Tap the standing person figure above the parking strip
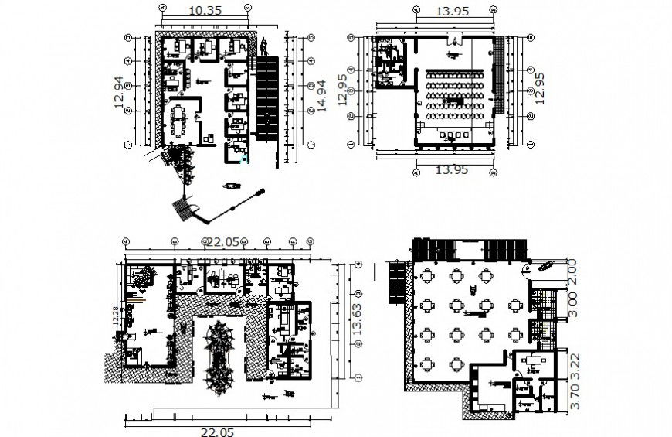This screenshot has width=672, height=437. tap(263, 46)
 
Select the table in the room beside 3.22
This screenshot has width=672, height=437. tap(531, 361)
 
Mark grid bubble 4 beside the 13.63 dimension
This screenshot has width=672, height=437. tap(358, 265)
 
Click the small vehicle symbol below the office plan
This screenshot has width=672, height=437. tap(231, 186)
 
